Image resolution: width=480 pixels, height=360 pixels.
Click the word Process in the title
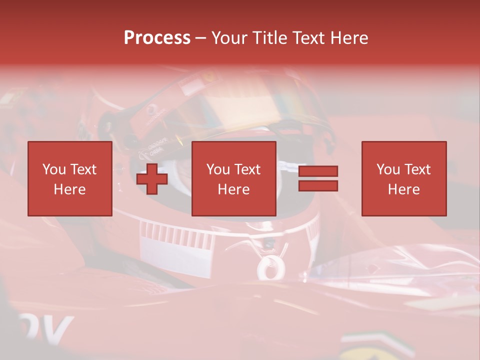pyautogui.click(x=157, y=38)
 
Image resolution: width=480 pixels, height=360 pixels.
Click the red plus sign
pyautogui.click(x=152, y=179)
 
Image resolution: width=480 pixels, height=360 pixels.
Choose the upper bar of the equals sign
pyautogui.click(x=318, y=171)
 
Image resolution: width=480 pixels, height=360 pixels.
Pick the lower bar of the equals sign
pyautogui.click(x=318, y=185)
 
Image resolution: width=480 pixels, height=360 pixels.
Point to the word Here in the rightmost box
pyautogui.click(x=403, y=189)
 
